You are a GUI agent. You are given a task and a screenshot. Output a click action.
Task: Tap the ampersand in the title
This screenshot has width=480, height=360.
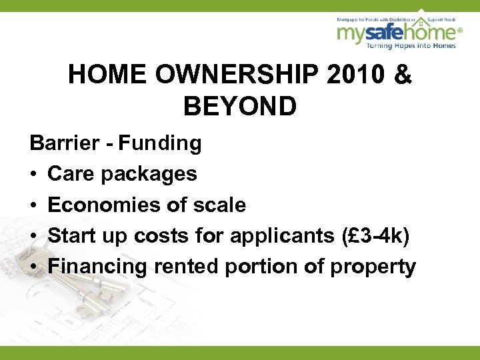[x=403, y=75]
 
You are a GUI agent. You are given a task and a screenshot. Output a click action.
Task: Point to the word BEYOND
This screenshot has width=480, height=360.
[x=240, y=107]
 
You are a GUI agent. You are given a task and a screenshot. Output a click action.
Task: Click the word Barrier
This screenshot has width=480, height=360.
[x=59, y=143]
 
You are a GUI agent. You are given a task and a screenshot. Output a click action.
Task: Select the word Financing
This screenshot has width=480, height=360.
[x=98, y=267]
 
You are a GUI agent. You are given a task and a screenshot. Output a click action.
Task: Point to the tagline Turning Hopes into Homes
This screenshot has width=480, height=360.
[x=407, y=45]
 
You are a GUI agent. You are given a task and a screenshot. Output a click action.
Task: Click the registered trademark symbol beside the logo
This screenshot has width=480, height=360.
[x=459, y=29]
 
